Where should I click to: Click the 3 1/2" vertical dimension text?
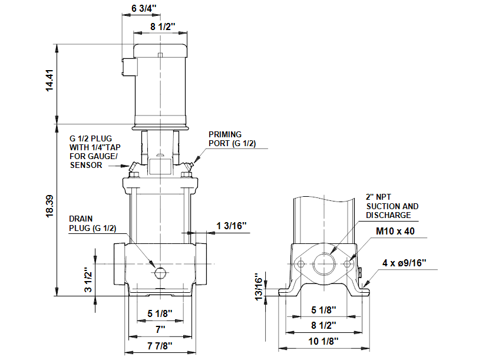[89, 280]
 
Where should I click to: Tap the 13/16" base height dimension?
[257, 286]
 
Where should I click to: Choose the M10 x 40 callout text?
[395, 231]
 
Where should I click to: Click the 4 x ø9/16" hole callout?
[405, 262]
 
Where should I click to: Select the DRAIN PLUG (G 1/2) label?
[92, 223]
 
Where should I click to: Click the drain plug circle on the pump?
[160, 273]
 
